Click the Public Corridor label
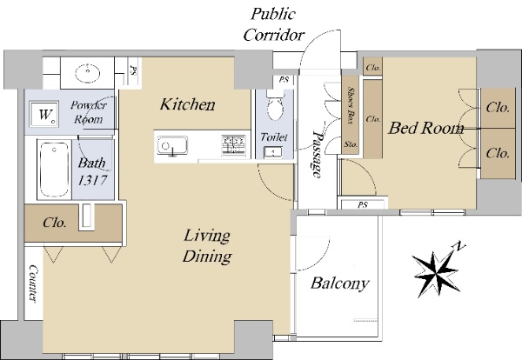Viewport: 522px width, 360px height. point(274,24)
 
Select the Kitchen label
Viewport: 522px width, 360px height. point(187,104)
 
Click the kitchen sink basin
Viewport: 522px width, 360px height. point(172,145)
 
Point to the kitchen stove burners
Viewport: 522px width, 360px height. point(234,145)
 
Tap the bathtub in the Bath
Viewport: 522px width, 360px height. point(54,170)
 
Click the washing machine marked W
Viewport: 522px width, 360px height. point(44,114)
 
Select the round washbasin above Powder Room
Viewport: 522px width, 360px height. point(88,73)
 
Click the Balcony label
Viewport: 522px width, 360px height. point(340,283)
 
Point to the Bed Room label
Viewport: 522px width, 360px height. point(425,128)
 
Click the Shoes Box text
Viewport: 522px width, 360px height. point(350,105)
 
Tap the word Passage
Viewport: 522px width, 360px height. point(318,154)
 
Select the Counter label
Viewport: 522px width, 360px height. point(33,283)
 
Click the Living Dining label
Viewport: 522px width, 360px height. point(207,246)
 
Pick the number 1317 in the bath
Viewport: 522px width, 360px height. point(92,180)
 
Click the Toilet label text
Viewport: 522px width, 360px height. point(274,137)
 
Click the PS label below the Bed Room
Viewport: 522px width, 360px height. point(363,205)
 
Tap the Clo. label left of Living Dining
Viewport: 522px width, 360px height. point(55,223)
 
